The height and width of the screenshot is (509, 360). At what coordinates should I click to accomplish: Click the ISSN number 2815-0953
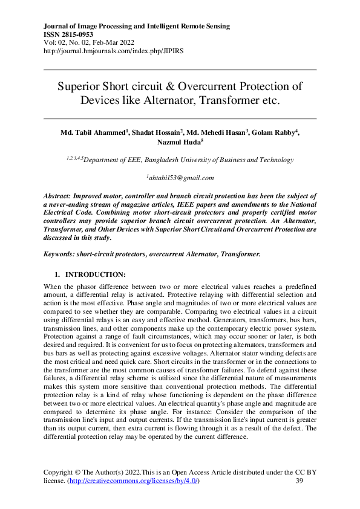point(80,35)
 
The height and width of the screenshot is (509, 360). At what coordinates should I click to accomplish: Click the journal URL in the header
point(114,51)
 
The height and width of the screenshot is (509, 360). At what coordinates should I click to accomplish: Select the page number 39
point(299,481)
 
